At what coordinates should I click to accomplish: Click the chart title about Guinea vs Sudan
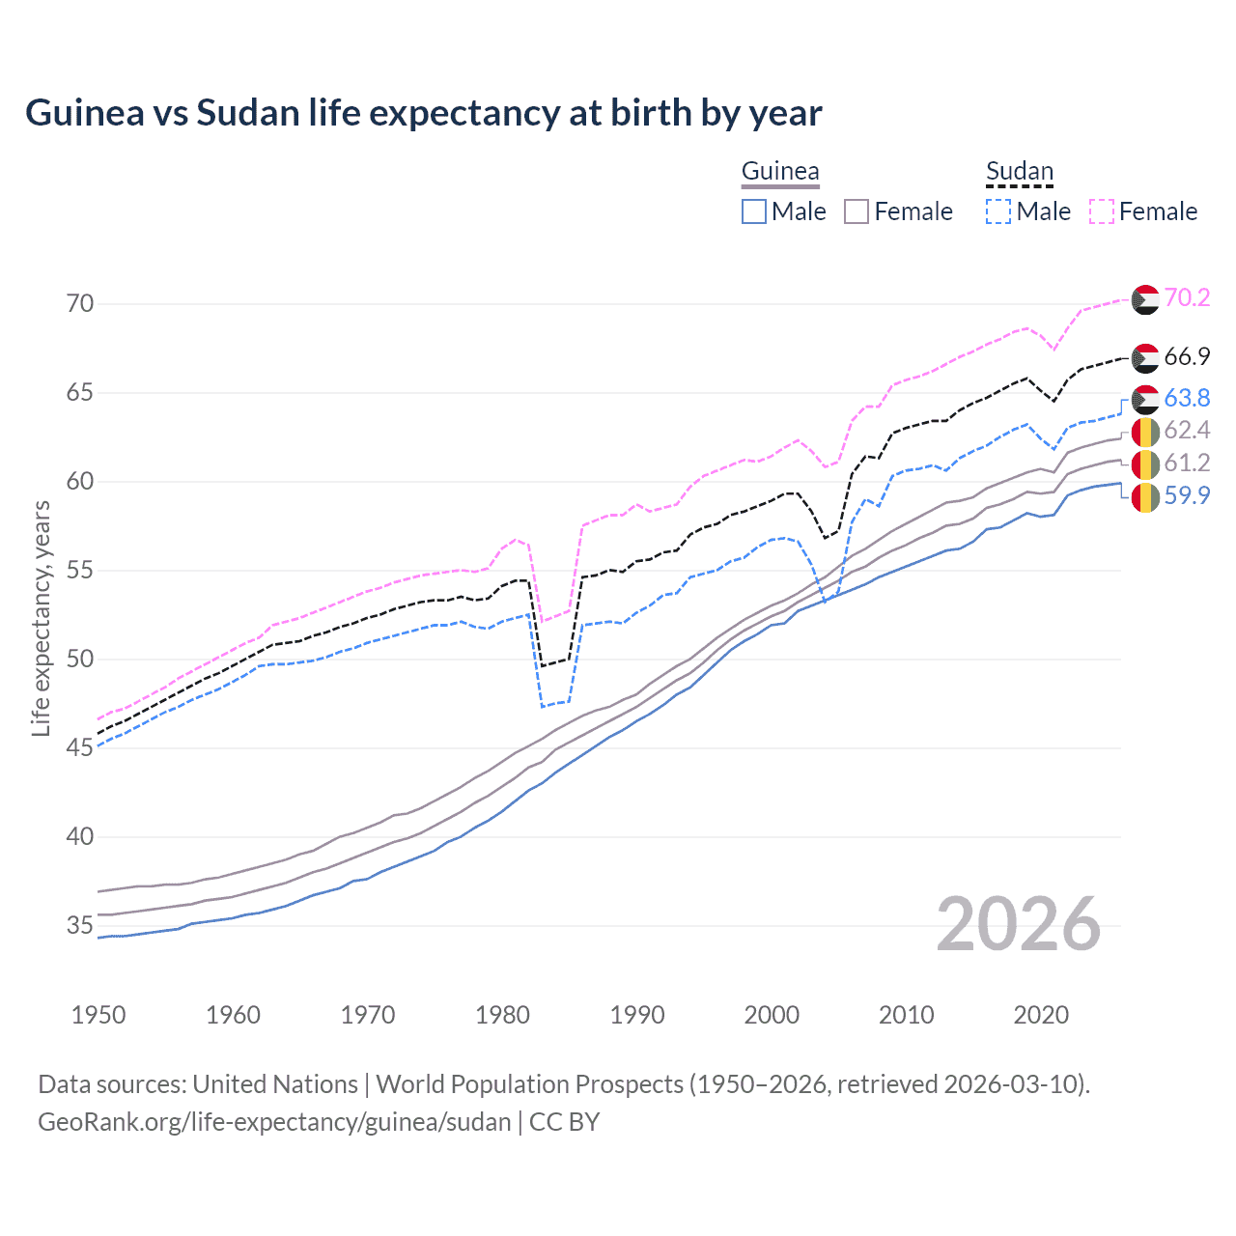[423, 113]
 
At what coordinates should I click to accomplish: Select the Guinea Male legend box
[754, 211]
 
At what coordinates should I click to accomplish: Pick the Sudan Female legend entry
[1143, 211]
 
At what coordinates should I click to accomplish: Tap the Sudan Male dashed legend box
[998, 211]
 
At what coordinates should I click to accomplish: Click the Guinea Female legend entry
[898, 211]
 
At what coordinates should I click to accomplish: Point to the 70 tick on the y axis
[80, 303]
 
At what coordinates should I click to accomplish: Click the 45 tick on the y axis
[80, 747]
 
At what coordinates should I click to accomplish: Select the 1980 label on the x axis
[502, 1015]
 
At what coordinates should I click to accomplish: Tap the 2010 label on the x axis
[906, 1015]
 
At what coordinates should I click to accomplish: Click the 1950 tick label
[98, 1015]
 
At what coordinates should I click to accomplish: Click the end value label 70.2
[1187, 298]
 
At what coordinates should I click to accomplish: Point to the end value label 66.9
[1187, 357]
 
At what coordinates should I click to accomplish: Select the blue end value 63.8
[1187, 399]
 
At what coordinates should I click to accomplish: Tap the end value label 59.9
[1187, 496]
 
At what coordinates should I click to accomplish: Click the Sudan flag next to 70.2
[1145, 299]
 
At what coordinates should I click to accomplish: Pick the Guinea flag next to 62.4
[1145, 432]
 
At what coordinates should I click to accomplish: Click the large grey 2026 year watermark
[1018, 925]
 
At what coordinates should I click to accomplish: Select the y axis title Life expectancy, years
[41, 618]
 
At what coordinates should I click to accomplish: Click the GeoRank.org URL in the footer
[274, 1122]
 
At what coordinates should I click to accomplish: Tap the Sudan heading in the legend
[1019, 172]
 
